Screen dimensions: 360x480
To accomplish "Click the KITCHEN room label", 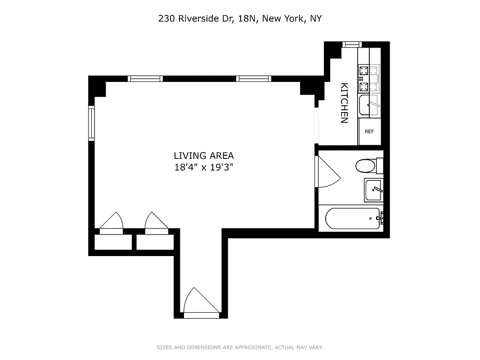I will click(x=344, y=103).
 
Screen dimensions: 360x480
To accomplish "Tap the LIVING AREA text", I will click(x=204, y=156).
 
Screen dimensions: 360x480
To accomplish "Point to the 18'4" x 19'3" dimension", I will click(x=204, y=167).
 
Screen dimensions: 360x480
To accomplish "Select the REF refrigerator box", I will click(x=369, y=132).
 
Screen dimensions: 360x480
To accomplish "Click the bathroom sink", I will click(x=373, y=190).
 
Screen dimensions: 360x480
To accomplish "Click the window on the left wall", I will click(x=91, y=123).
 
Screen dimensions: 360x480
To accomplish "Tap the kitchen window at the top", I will click(x=352, y=44).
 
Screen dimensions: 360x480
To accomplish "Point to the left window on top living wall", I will click(x=145, y=79).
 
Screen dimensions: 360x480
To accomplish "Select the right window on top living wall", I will click(x=254, y=79).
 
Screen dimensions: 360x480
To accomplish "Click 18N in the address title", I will click(x=248, y=19).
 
